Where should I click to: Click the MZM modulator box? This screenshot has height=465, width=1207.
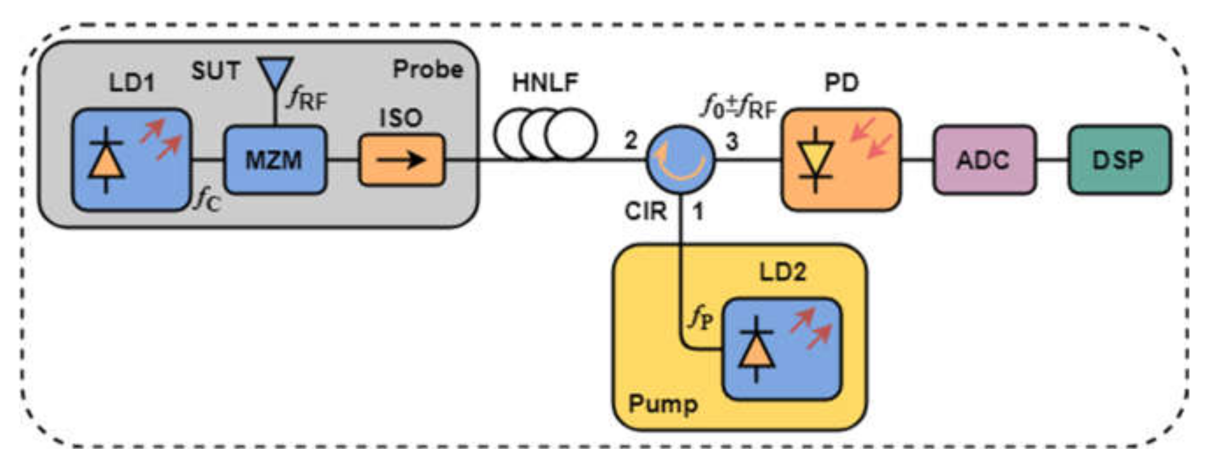coord(275,160)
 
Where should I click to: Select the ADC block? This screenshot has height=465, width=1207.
coord(984,160)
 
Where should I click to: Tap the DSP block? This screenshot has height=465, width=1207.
coord(1119,160)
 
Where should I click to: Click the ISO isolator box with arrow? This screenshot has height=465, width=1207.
coord(402,160)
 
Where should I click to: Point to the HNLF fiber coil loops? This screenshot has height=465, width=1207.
coord(546,134)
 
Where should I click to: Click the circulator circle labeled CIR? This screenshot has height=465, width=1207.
coord(680,160)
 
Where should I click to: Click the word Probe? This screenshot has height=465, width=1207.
coord(428,70)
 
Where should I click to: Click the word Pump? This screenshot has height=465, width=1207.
coord(663,404)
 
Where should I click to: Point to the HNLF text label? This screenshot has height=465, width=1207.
coord(546,83)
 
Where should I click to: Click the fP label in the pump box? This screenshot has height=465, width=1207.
coord(701,318)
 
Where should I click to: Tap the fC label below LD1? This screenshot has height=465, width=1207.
coord(207,202)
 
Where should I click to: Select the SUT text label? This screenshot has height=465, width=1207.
coord(216,72)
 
